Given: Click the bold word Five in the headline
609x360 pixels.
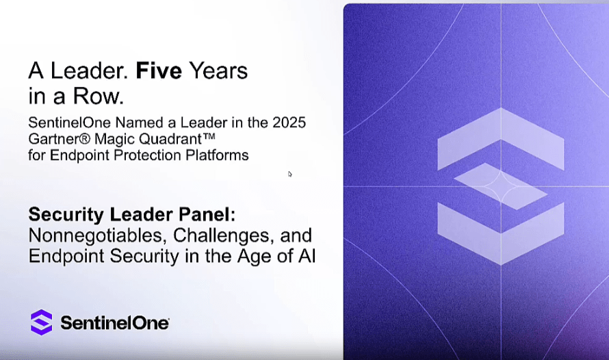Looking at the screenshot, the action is click(159, 70).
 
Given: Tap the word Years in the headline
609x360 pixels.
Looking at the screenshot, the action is click(218, 70).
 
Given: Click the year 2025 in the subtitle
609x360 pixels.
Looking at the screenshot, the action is click(289, 123).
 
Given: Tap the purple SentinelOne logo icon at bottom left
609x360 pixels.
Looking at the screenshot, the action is click(42, 322).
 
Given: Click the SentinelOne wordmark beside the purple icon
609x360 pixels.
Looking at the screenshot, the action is click(114, 323).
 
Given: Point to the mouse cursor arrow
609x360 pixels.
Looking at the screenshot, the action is click(289, 174).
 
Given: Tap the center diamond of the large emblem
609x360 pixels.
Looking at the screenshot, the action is click(501, 186).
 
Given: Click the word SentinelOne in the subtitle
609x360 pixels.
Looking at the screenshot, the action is click(70, 123).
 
